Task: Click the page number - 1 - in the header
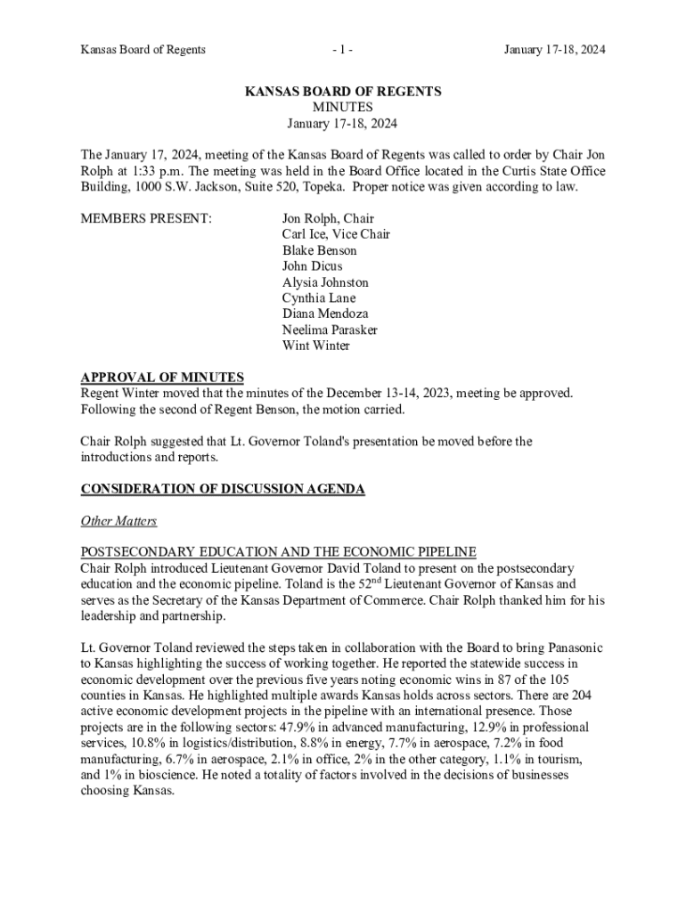pyautogui.click(x=342, y=50)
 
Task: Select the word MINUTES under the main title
pyautogui.click(x=343, y=107)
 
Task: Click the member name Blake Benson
pyautogui.click(x=319, y=250)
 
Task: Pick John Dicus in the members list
pyautogui.click(x=312, y=266)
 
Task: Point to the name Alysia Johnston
pyautogui.click(x=325, y=282)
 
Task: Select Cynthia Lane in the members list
pyautogui.click(x=318, y=298)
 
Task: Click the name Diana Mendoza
pyautogui.click(x=325, y=313)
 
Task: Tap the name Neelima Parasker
pyautogui.click(x=330, y=330)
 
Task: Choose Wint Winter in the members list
pyautogui.click(x=316, y=346)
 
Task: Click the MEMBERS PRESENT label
pyautogui.click(x=146, y=218)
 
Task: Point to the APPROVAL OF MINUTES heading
pyautogui.click(x=162, y=378)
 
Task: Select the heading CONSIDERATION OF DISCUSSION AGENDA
pyautogui.click(x=223, y=489)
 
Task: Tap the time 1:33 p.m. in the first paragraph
pyautogui.click(x=156, y=171)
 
